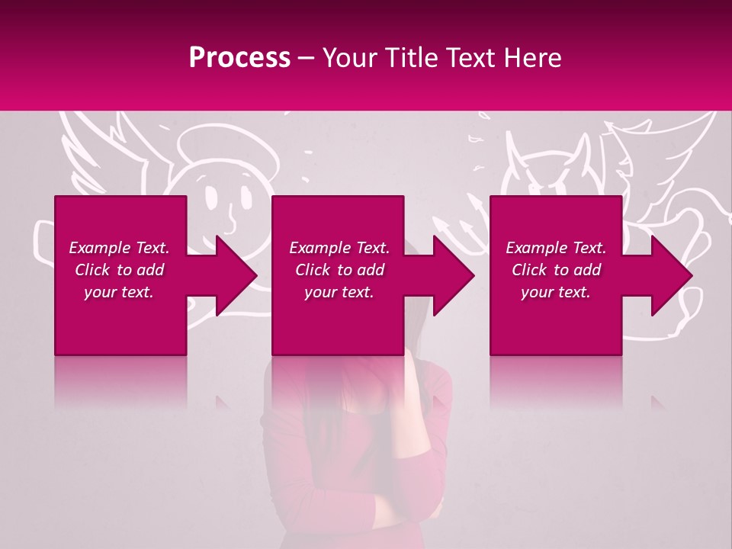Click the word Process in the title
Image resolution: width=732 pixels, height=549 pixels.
tap(239, 58)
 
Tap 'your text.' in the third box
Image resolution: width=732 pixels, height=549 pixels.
tap(556, 292)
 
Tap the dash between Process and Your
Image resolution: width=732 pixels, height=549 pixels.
tap(307, 59)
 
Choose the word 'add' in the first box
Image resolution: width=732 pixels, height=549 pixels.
tap(151, 270)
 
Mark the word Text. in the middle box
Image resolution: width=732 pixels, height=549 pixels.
tap(371, 248)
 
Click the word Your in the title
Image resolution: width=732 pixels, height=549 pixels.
tap(348, 58)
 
